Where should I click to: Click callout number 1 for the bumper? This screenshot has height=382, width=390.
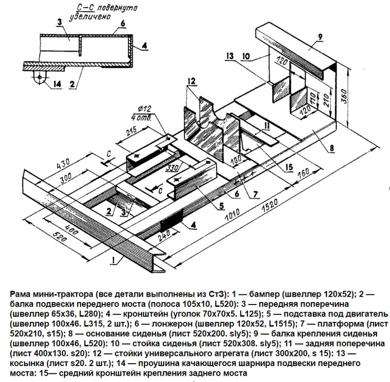112,260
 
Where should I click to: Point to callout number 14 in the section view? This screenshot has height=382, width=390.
58,84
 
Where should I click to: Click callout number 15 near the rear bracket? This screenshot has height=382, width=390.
289,167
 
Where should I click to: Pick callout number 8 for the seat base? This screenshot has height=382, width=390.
330,148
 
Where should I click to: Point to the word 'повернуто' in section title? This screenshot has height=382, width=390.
116,8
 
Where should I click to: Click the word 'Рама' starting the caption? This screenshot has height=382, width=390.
20,294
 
